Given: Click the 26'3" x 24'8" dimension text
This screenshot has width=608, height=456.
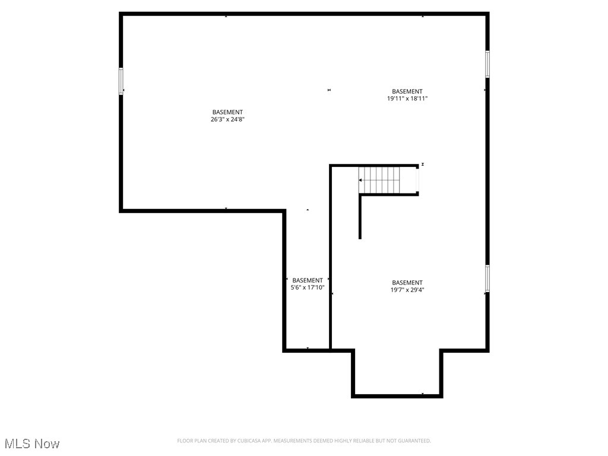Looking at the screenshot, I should pos(227,119).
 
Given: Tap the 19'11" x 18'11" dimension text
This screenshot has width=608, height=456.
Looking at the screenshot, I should pos(407,99).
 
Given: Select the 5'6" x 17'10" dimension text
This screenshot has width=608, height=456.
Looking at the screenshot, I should pos(308,287).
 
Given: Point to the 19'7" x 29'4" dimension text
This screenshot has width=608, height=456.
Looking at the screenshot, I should pos(407,290).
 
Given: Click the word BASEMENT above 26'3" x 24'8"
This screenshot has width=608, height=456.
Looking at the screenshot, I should pos(227,112).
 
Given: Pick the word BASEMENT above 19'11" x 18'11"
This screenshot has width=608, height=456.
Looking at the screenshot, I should pos(407,91).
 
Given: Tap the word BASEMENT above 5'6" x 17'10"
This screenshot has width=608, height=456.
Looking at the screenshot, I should pos(308,280).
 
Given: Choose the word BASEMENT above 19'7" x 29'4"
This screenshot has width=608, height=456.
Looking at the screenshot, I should pos(407,283).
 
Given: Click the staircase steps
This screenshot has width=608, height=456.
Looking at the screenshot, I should pos(386,180).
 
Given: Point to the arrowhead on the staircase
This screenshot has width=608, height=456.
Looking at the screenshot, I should pos(360,180).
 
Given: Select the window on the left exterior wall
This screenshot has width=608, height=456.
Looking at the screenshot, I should pos(121,81).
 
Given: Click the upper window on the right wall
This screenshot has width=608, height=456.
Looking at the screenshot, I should pos(487,64).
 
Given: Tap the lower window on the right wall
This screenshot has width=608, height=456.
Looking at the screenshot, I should pos(487,278).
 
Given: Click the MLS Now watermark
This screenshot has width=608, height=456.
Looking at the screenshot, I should pos(32,444).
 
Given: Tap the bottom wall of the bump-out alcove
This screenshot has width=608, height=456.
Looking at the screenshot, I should pos(397,395).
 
